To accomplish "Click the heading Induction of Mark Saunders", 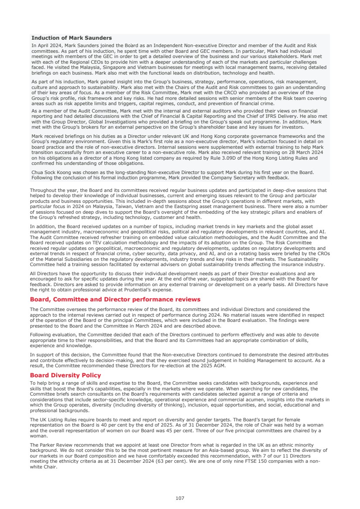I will point(72,38).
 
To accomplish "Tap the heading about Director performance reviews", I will point(115,299).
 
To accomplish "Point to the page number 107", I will point(180,498).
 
